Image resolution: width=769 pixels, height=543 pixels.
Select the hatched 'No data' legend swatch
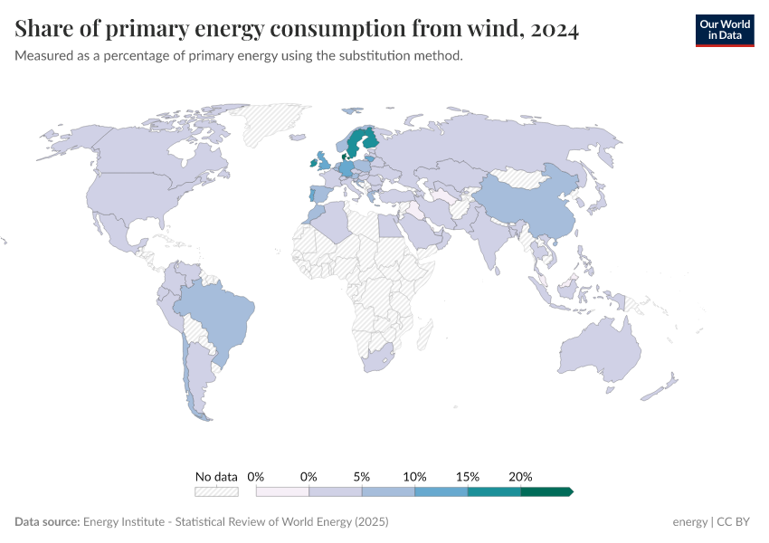tap(216, 491)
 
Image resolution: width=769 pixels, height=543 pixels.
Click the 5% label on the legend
tap(362, 476)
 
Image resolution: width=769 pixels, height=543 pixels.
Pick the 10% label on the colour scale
tap(414, 476)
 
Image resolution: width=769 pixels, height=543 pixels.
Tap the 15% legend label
tap(468, 476)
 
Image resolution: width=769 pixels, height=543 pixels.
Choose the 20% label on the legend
tap(520, 476)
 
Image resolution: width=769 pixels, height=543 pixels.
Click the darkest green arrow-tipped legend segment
tap(546, 491)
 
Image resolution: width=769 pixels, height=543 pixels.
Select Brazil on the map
tap(218, 312)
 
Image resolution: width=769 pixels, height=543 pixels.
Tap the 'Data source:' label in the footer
tap(47, 522)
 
